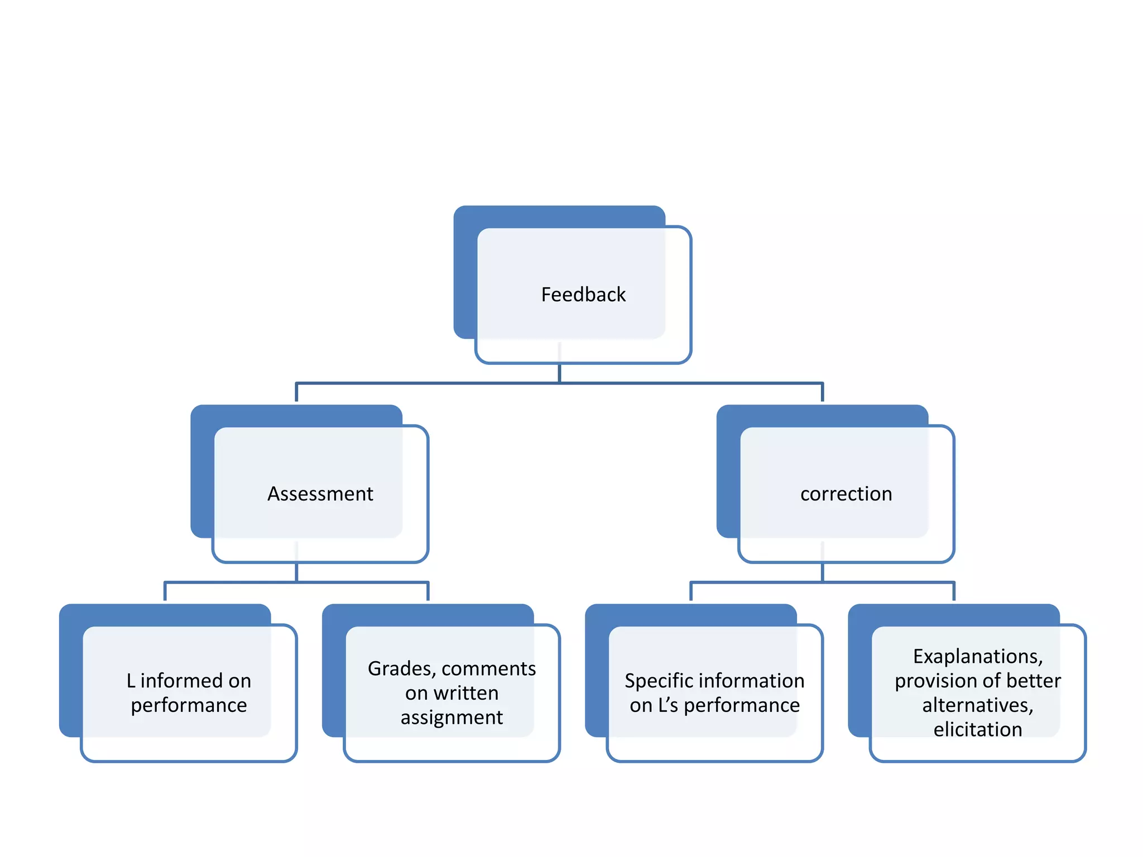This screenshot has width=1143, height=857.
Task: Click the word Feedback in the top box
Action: coord(583,295)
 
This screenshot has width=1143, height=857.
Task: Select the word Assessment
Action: coord(320,494)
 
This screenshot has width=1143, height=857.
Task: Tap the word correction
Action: coord(846,494)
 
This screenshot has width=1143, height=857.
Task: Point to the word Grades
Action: coord(401,668)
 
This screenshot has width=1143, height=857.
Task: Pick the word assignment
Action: coord(452,718)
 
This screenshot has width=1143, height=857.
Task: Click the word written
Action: coord(466,693)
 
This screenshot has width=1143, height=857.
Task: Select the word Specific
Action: coord(659,681)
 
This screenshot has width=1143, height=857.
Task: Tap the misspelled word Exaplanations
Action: coord(977,656)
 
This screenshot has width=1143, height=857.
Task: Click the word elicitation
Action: coord(977,730)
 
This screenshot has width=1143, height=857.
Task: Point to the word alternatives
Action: coord(977,705)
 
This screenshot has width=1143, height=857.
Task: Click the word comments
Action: coord(488,668)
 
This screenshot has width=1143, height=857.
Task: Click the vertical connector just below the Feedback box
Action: coord(559,373)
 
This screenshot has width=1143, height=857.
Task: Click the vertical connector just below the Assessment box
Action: coord(296,572)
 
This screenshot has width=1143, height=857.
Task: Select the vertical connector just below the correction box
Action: coord(822,572)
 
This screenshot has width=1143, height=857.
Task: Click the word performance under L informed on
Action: coord(189,705)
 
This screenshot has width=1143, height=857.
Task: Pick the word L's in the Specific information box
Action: coord(667,705)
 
